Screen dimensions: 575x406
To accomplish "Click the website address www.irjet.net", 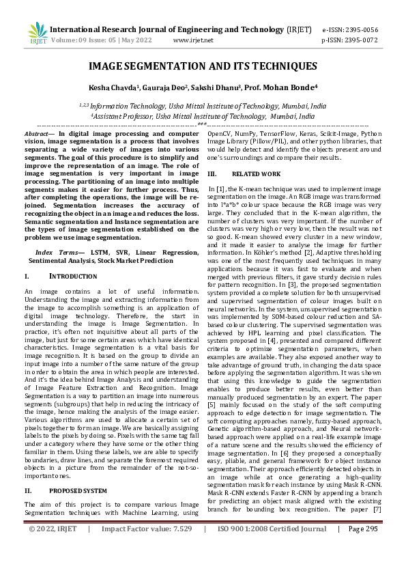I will pyautogui.click(x=194, y=40).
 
